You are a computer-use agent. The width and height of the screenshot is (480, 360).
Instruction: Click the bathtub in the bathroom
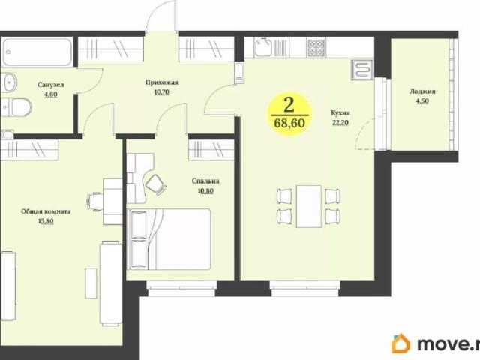pos(37,52)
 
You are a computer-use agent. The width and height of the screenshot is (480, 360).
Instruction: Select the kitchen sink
pos(263,47)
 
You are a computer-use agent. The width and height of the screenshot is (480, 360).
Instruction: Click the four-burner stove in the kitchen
pos(316,48)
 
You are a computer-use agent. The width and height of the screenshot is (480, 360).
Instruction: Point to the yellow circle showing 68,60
pos(289,114)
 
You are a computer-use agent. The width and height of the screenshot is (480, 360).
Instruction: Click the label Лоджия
pos(422,91)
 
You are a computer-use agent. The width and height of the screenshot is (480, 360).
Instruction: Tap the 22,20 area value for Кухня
pos(340,123)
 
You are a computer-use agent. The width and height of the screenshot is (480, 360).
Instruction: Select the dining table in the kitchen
pos(308,206)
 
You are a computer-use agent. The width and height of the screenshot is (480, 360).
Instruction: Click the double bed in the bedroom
pos(169,239)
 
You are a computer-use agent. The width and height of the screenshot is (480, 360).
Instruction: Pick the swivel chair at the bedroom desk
pos(156,184)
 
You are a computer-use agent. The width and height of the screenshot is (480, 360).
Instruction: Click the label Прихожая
pos(162,82)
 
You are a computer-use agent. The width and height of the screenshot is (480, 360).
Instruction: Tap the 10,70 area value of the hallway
pos(162,91)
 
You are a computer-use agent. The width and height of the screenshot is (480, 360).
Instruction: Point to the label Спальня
pos(205,181)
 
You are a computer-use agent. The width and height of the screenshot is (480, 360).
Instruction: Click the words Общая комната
pos(46,211)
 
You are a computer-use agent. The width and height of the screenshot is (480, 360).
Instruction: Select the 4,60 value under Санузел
pos(51,94)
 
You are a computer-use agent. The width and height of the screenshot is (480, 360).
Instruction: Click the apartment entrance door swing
pos(161,16)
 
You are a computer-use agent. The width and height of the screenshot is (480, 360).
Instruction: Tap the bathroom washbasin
pos(9,82)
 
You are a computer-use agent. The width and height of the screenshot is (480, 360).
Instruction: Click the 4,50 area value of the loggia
pos(422,101)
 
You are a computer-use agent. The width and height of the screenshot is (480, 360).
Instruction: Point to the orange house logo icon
pos(401,343)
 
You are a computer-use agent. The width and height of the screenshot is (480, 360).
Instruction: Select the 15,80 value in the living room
pos(46,221)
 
